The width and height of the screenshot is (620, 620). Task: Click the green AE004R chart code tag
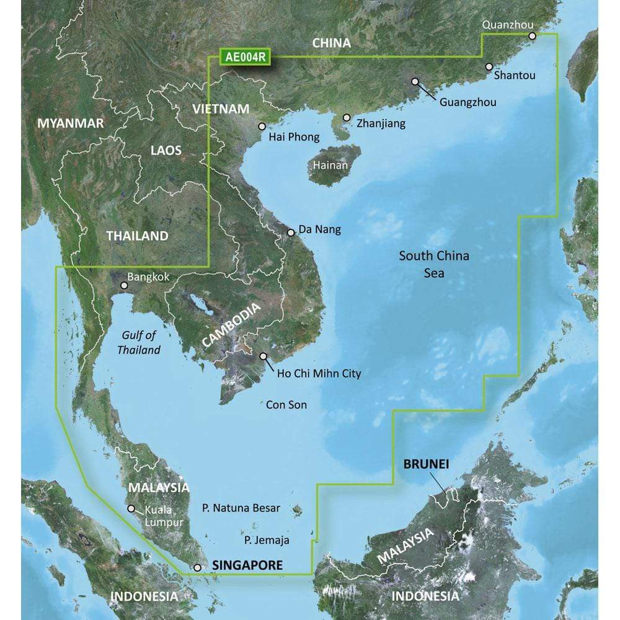246,58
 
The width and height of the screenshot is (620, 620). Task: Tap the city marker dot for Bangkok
124,286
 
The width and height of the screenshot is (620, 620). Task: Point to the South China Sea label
434,263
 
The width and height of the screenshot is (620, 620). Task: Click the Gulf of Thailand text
139,343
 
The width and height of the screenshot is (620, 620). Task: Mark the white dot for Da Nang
291,233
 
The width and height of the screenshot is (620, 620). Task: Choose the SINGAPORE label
247,565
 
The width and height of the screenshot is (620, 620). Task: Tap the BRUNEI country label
426,463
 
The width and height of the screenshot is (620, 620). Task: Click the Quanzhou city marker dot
532,37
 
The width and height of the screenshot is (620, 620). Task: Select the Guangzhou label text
467,102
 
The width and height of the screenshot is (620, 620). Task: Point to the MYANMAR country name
71,123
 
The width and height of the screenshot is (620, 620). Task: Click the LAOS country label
166,150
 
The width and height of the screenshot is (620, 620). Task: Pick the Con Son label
286,405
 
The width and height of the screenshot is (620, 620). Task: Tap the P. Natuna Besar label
241,508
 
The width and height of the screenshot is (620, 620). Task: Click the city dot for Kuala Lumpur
131,508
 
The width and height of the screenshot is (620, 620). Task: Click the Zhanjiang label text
381,123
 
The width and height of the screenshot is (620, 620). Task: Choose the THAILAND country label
137,236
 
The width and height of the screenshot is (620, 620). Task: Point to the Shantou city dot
489,66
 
